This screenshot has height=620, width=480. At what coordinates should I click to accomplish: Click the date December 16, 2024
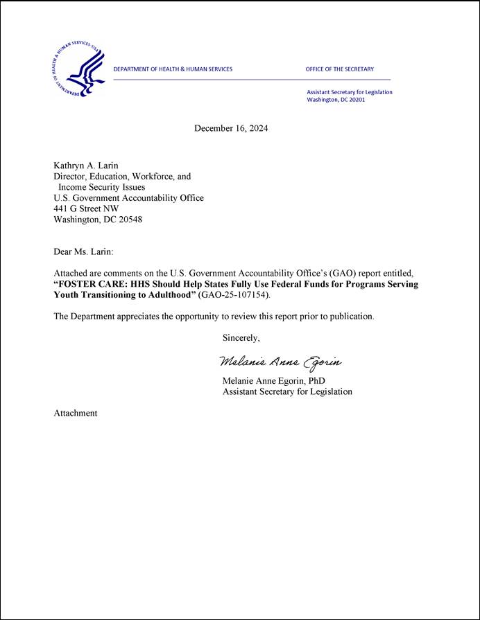point(231,128)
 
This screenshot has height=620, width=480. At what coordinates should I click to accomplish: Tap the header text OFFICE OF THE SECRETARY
point(339,69)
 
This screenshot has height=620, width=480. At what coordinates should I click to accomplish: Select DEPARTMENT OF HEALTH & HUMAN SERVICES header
point(173,69)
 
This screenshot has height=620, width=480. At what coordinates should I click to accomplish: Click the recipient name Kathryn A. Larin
point(86,166)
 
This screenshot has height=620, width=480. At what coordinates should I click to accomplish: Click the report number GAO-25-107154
point(232,295)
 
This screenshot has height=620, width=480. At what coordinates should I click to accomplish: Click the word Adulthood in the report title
point(164,295)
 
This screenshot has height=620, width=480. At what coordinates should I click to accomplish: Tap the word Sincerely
point(241,338)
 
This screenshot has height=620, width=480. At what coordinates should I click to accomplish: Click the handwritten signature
point(280,362)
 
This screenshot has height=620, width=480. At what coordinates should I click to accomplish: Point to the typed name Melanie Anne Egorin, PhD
point(273,381)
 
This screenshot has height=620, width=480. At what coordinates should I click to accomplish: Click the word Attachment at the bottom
point(76,413)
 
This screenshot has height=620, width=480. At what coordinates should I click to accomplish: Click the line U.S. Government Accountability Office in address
point(128,198)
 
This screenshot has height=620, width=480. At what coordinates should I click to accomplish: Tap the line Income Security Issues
point(101,187)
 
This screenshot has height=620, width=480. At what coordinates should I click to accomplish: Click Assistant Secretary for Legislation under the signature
point(286,391)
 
